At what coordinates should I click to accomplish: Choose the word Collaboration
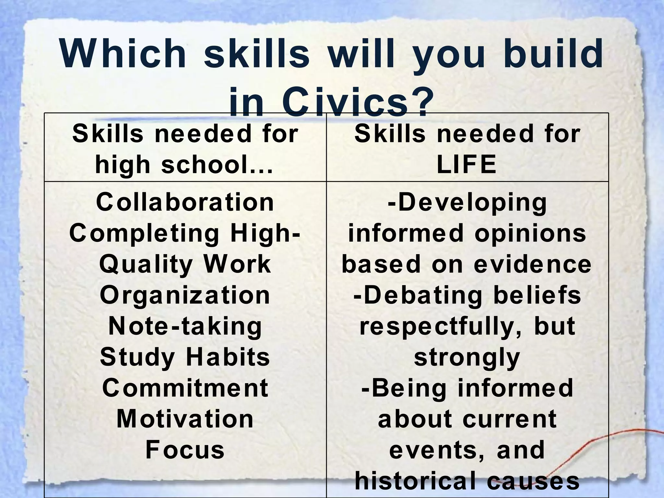click(185, 202)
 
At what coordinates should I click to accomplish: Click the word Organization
click(185, 295)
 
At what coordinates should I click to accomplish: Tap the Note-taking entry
click(185, 326)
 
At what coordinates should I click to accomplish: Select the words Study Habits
click(185, 357)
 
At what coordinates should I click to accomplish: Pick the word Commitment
click(185, 388)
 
